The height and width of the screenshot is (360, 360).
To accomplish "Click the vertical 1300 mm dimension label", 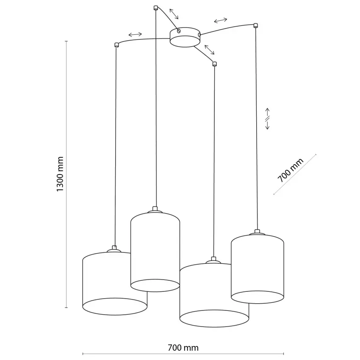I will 61,174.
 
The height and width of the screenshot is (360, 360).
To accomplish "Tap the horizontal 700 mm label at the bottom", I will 183,348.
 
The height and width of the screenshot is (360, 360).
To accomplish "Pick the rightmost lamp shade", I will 257,267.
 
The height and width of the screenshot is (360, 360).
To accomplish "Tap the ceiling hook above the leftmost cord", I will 116,44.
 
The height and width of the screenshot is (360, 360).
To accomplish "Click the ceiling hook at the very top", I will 155,7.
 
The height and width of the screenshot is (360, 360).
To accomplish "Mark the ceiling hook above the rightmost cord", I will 255,25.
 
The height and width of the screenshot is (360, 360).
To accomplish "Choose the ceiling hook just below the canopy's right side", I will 214,64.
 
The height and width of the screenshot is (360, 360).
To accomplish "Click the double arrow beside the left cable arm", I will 135,34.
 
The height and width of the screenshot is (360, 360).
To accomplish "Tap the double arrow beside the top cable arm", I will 173,14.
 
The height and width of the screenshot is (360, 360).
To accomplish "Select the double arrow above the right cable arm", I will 220,20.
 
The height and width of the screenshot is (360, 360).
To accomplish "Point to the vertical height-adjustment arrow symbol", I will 268,119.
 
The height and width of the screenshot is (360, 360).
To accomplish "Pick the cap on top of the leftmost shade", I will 114,248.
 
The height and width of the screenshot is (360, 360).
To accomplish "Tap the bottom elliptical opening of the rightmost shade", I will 257,296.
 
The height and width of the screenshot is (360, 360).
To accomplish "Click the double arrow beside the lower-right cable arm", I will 209,49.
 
